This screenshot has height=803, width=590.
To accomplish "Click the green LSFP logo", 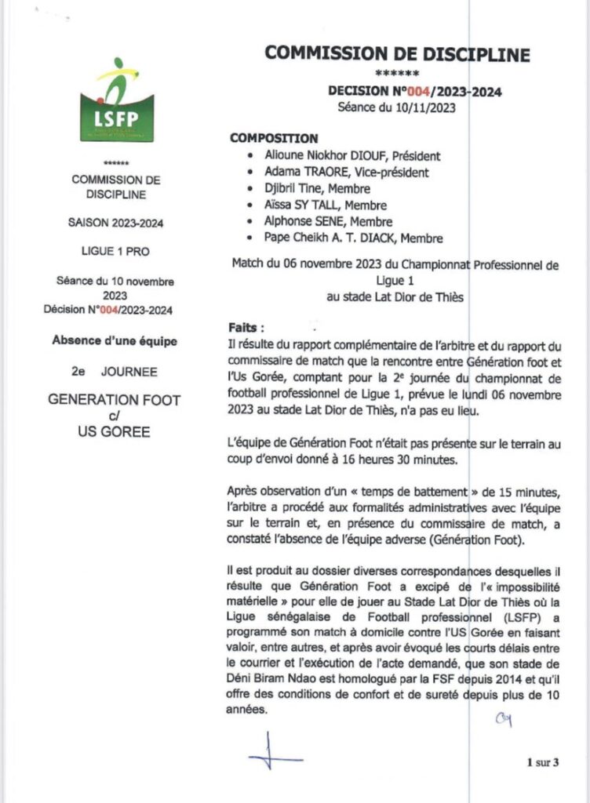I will pos(117,100).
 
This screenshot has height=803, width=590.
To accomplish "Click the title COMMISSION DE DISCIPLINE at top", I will pos(397,53).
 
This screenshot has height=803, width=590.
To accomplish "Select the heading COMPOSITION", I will pos(274,138).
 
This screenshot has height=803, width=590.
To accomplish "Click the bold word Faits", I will pos(246,325).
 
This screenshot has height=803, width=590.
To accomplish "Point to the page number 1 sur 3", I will pos(542,761).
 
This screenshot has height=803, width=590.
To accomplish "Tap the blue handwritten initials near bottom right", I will pos(503,721).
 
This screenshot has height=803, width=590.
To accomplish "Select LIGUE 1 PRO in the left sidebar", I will pos(116,252).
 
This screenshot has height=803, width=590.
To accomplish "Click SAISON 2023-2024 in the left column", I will pos(116,223).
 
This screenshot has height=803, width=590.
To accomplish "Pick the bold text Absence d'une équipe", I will pos(115,341).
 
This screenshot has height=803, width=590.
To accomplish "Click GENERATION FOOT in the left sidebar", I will pos(115,400).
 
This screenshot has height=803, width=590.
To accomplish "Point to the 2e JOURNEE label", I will pos(115,371).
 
